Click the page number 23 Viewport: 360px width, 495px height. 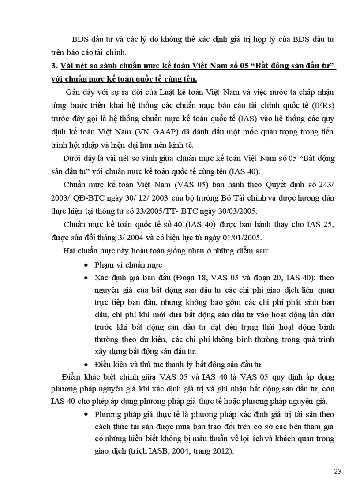coord(337,471)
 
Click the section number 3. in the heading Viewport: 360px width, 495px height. coord(54,66)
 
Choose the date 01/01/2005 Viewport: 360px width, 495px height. coord(244,238)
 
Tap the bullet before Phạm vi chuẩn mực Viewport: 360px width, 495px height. coord(86,266)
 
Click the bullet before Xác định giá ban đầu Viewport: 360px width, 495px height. coord(86,278)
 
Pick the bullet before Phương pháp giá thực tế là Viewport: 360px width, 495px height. coord(86,415)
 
